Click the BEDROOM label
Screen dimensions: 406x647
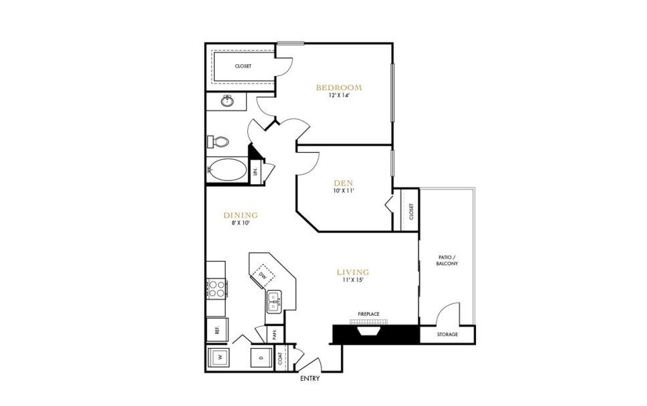339,87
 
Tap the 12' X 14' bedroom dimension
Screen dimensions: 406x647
339,96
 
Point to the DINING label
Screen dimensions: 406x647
241,215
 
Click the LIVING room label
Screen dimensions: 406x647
353,272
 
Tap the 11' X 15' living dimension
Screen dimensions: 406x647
353,280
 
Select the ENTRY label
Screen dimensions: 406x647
310,379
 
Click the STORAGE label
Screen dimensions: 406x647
448,334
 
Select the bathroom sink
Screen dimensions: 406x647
228,101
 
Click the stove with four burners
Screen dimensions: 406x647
217,288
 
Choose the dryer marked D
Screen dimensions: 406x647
261,358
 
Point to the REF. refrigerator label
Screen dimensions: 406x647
217,329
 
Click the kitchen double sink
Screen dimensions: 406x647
275,302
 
